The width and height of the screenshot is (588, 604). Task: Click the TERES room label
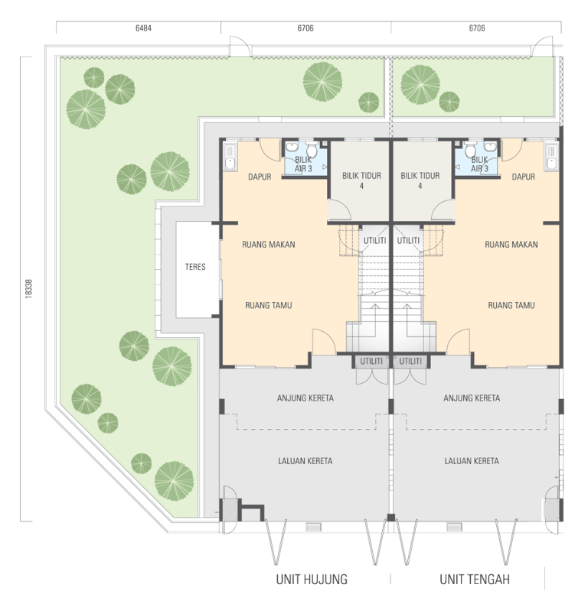pyautogui.click(x=195, y=267)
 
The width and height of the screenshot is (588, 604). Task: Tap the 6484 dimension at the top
pyautogui.click(x=143, y=28)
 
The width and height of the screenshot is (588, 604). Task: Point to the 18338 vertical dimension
pyautogui.click(x=28, y=288)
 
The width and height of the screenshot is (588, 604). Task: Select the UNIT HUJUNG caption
pyautogui.click(x=312, y=580)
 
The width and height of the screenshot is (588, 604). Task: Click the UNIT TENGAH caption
pyautogui.click(x=475, y=580)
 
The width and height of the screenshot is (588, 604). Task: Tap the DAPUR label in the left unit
pyautogui.click(x=260, y=177)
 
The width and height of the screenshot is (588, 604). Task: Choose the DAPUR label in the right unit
pyautogui.click(x=523, y=177)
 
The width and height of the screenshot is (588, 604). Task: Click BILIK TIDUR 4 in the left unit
pyautogui.click(x=361, y=180)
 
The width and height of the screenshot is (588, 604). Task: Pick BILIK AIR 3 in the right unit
pyautogui.click(x=479, y=164)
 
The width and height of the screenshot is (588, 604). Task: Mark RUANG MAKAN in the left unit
pyautogui.click(x=269, y=244)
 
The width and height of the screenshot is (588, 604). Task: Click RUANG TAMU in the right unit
pyautogui.click(x=511, y=306)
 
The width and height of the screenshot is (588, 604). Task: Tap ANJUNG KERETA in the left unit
pyautogui.click(x=305, y=398)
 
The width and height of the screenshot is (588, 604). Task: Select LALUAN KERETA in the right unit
pyautogui.click(x=472, y=461)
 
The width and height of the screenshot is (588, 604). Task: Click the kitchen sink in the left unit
pyautogui.click(x=230, y=157)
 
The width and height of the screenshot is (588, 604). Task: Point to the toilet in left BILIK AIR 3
pyautogui.click(x=312, y=149)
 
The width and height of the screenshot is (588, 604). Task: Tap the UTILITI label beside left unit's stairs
pyautogui.click(x=374, y=240)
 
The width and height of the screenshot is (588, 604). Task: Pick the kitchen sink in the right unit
pyautogui.click(x=552, y=157)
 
